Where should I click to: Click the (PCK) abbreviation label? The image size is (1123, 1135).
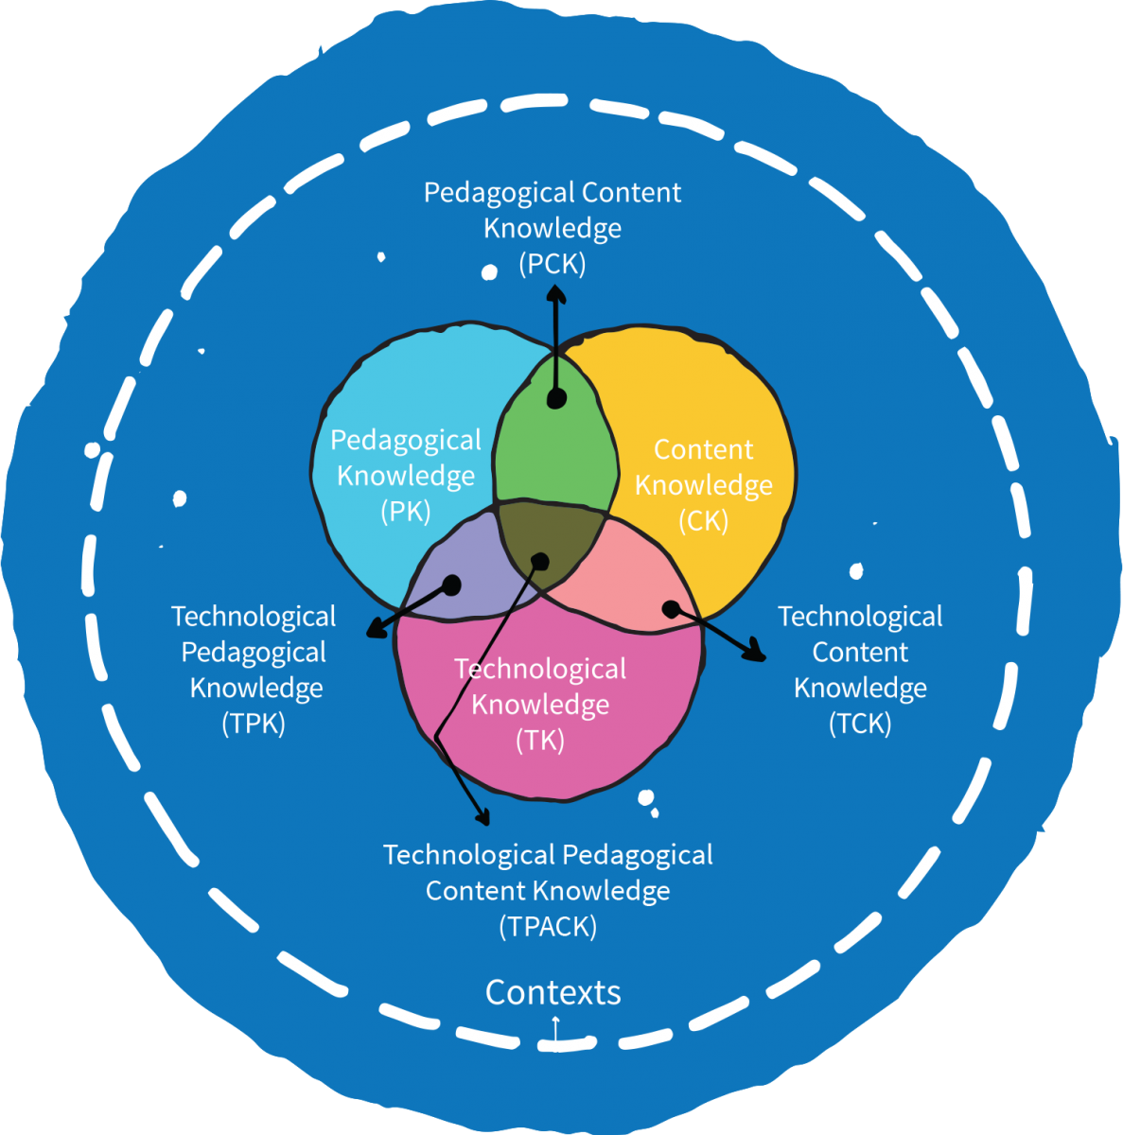(553, 264)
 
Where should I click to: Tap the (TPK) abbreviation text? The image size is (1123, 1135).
(254, 724)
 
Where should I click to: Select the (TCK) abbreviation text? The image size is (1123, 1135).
(860, 724)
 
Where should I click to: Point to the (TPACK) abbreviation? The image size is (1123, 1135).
(548, 927)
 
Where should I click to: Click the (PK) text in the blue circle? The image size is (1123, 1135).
(406, 512)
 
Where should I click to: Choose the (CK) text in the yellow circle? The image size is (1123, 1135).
(704, 520)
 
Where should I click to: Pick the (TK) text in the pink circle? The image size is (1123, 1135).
(540, 741)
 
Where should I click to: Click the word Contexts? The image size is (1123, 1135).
(553, 992)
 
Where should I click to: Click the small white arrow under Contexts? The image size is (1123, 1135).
(555, 1023)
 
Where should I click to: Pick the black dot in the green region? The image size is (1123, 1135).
(556, 399)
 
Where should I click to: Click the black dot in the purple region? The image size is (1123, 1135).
(451, 586)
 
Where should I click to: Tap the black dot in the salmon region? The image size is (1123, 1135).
(670, 608)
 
